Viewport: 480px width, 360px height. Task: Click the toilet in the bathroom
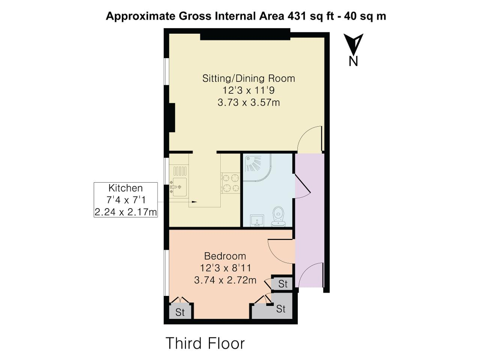278,216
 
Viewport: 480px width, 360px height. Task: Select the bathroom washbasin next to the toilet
257,220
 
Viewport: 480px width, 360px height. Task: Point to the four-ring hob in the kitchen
231,183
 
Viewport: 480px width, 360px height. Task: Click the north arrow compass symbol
353,44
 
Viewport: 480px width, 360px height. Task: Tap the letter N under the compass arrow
353,61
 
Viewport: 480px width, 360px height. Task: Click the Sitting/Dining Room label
248,78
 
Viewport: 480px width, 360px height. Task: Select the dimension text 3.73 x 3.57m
249,102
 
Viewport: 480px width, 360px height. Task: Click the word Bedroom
225,256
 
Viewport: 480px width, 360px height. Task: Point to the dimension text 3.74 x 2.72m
225,280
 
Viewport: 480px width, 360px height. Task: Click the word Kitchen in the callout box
126,188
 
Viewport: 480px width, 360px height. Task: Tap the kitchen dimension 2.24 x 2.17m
126,212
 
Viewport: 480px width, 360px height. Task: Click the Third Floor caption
205,343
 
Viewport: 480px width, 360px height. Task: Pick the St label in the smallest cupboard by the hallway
283,284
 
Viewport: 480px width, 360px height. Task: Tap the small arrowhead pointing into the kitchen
194,201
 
